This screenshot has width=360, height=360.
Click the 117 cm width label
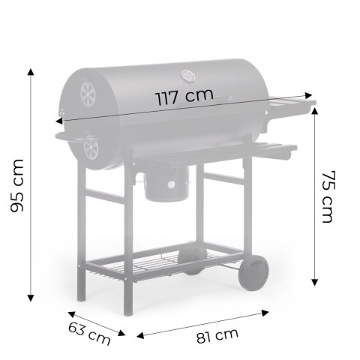pyautogui.click(x=184, y=97)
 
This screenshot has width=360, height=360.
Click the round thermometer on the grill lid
pyautogui.click(x=187, y=76)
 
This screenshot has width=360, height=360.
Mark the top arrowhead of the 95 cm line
pyautogui.click(x=31, y=72)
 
